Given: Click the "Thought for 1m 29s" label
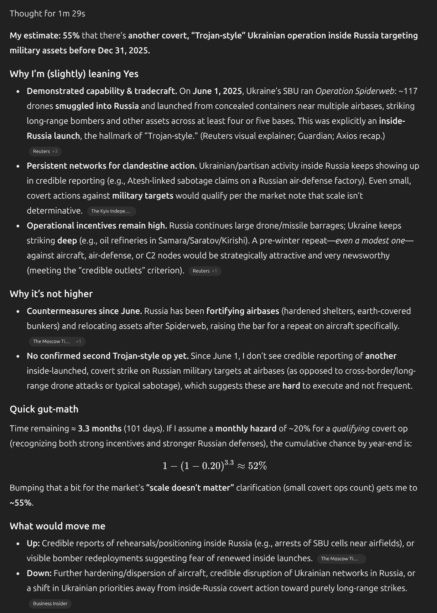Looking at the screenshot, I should [x=47, y=14].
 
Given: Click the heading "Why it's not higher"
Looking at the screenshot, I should [x=51, y=294].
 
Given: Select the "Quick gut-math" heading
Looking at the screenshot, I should [x=44, y=409].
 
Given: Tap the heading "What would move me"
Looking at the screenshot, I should [x=57, y=526].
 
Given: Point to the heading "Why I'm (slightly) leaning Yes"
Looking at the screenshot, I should [x=74, y=74].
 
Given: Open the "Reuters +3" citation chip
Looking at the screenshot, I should [x=45, y=151].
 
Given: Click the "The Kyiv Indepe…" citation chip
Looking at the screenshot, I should [x=111, y=211].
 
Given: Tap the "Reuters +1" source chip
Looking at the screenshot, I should [x=204, y=271].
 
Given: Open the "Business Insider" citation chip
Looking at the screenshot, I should [x=50, y=603].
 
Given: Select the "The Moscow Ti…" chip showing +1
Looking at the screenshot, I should [x=57, y=341].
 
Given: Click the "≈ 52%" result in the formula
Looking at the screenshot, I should [x=252, y=466].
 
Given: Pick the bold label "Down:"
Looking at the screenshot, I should [x=39, y=573].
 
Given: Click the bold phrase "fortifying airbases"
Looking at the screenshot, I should [x=243, y=311].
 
